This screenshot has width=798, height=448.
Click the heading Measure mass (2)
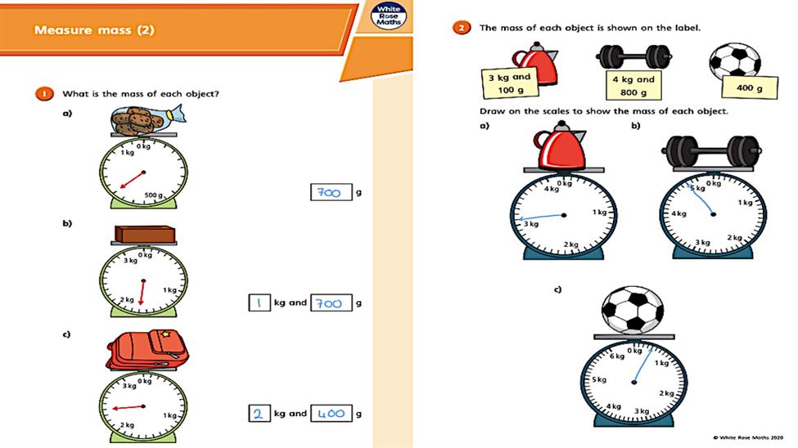pyautogui.click(x=94, y=31)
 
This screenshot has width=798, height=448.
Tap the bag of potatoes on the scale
pyautogui.click(x=140, y=122)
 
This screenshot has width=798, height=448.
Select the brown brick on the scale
pyautogui.click(x=143, y=235)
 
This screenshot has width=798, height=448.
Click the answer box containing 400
pyautogui.click(x=331, y=414)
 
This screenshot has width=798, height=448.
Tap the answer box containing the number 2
pyautogui.click(x=259, y=414)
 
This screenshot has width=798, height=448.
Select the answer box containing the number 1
pyautogui.click(x=259, y=302)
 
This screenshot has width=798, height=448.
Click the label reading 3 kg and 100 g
pyautogui.click(x=509, y=83)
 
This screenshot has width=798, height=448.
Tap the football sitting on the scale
pyautogui.click(x=632, y=309)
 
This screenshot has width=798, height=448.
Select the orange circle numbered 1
pyautogui.click(x=41, y=93)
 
